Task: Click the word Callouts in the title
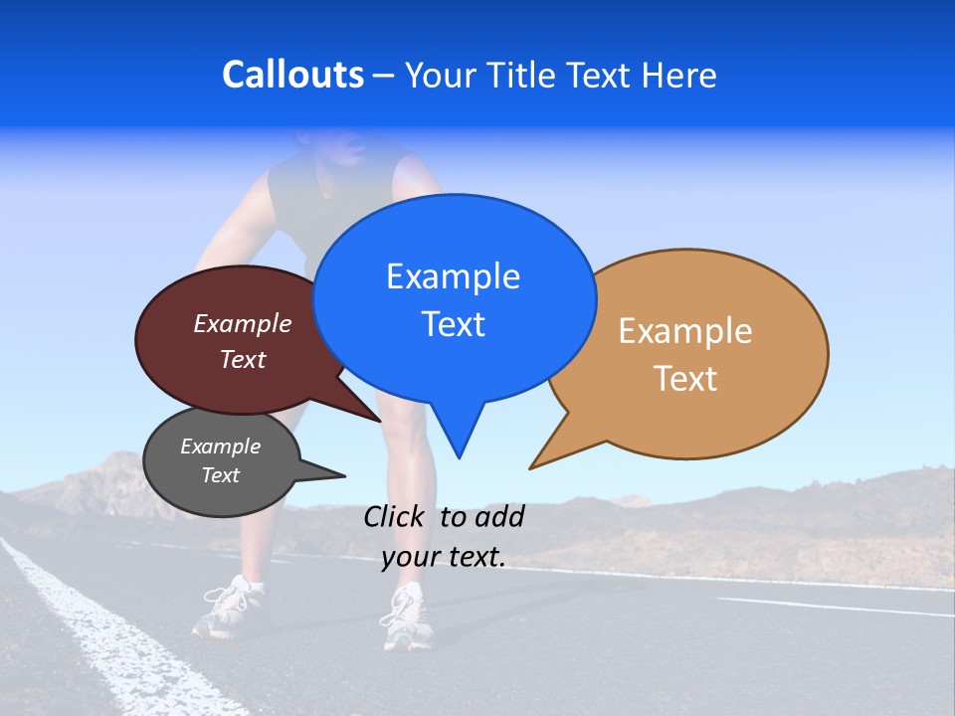coord(292,76)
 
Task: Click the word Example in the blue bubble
coord(453,276)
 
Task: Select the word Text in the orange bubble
coord(685,379)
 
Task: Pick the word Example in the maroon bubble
coord(243,324)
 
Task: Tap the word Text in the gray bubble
coord(221,475)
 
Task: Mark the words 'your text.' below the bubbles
coord(444,558)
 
